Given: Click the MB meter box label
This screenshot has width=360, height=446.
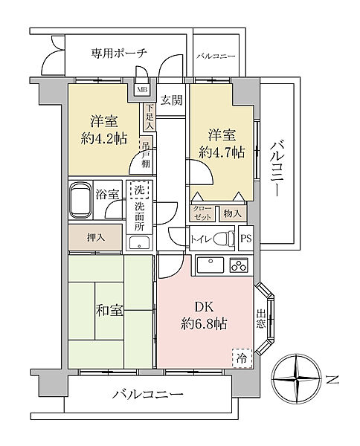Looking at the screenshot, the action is click(142, 90).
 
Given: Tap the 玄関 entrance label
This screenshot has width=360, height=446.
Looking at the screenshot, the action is click(171, 100).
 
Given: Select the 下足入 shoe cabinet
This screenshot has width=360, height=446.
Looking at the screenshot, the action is click(150, 117).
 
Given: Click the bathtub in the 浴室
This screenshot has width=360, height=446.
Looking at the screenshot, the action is click(81, 200).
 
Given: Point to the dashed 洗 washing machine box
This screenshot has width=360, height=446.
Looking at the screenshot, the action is click(139, 190).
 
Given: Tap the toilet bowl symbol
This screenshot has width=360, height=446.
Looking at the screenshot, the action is click(223, 238).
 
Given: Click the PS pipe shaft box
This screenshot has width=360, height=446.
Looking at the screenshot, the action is click(246, 238).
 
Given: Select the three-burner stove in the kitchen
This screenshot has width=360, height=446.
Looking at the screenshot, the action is click(239, 265).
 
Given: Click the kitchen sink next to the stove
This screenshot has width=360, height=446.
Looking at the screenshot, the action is click(210, 265).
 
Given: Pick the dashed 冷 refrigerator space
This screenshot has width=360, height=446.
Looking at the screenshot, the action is click(242, 358).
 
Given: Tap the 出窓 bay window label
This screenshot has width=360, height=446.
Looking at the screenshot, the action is click(260, 319).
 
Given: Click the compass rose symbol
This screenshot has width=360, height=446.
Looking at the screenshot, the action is click(296, 378).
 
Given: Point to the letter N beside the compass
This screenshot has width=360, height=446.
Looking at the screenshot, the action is click(332, 380).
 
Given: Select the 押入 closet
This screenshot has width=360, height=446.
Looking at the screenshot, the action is click(95, 238).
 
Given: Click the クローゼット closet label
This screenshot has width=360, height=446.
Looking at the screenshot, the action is click(202, 213).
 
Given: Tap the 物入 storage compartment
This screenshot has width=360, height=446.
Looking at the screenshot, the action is click(233, 213).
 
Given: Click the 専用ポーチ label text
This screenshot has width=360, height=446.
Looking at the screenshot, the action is click(119, 54).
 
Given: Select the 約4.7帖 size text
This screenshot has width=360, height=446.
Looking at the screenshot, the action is click(222, 152).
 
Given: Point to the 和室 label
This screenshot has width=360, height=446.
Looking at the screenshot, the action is click(109, 310).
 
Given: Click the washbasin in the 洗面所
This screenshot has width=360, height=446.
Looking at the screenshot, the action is click(139, 243).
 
